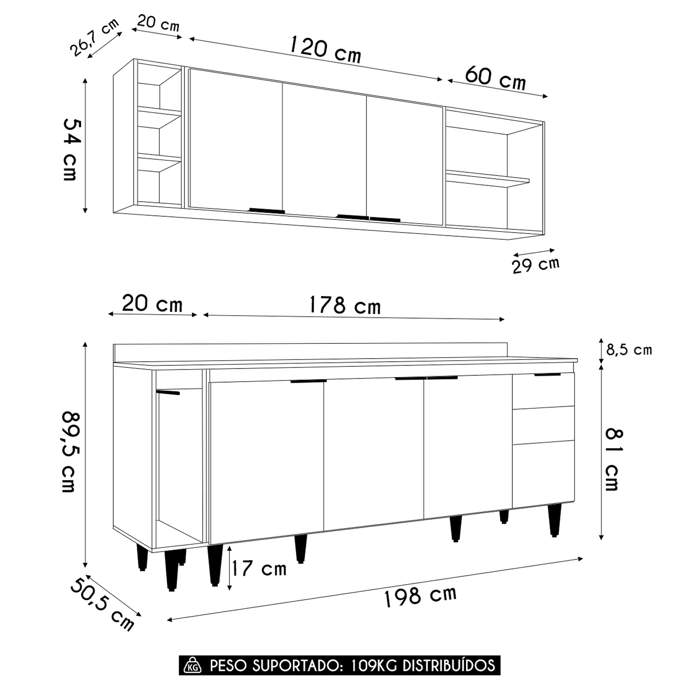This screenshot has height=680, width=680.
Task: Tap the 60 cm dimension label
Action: click(x=495, y=78)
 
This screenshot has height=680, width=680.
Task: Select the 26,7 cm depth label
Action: click(x=95, y=37)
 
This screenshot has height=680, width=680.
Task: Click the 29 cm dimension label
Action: click(x=536, y=265)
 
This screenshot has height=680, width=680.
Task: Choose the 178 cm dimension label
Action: click(x=345, y=305)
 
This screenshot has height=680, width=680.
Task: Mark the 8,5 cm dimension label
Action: click(x=629, y=350)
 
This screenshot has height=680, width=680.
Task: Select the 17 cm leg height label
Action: click(x=259, y=568)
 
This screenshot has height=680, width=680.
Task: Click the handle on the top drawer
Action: click(x=548, y=374)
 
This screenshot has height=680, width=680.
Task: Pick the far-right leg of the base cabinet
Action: click(x=554, y=520)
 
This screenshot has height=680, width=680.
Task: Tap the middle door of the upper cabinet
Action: click(x=324, y=150)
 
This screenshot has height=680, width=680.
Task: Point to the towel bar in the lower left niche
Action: click(x=168, y=392)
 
